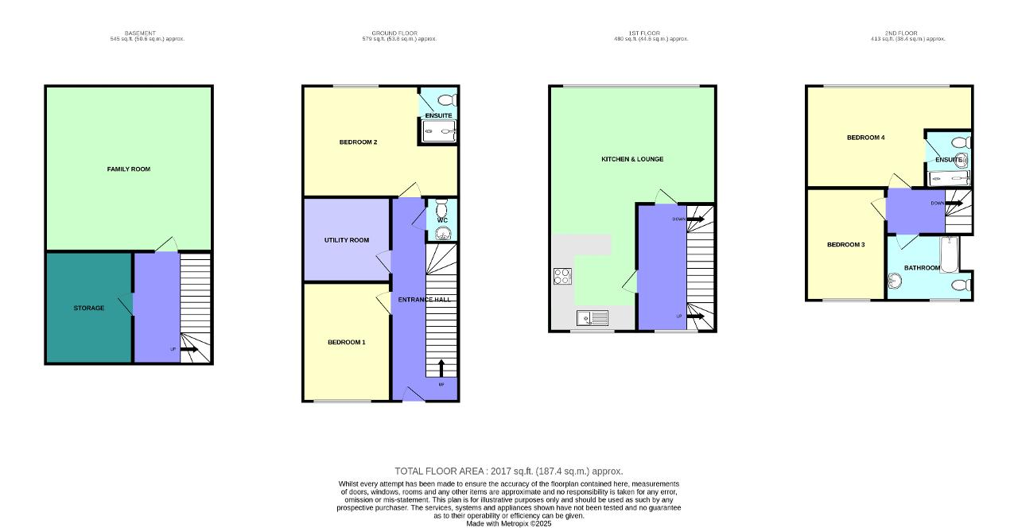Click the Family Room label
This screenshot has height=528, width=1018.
tap(129, 169)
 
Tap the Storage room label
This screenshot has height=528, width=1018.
tap(89, 308)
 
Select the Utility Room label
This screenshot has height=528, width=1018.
tap(347, 240)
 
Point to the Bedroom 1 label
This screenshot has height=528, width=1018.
tap(347, 342)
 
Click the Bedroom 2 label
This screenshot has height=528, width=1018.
tap(358, 142)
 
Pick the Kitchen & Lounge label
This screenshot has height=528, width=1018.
tap(632, 159)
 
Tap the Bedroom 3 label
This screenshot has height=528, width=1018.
tap(845, 245)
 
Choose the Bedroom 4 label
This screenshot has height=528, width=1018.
tap(865, 138)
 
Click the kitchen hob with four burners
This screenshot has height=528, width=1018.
tap(562, 277)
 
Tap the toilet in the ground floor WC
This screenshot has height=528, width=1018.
tap(443, 204)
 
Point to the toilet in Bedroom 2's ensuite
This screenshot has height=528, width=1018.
tap(446, 100)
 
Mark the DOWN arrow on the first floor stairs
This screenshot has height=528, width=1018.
tap(694, 219)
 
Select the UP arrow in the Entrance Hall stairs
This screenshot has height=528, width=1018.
tap(441, 367)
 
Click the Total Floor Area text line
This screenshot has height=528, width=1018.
tap(509, 472)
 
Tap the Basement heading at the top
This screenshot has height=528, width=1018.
tap(146, 33)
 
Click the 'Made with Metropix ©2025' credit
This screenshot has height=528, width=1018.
tap(509, 523)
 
